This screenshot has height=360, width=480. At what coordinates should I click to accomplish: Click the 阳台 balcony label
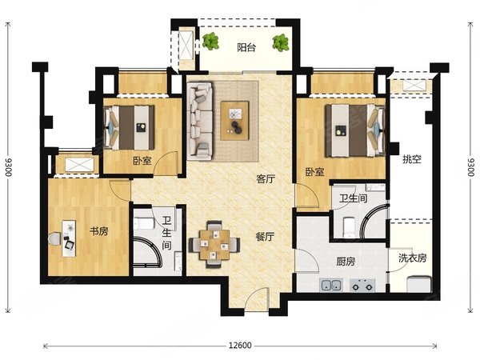point(246,48)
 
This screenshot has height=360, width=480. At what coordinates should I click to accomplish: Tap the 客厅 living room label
point(266,179)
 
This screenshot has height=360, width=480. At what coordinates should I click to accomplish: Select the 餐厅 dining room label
point(265,237)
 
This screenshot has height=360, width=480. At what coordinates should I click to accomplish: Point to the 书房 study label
point(99,231)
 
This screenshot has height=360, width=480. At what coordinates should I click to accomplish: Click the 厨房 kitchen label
point(346,262)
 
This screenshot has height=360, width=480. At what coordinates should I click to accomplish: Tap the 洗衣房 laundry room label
point(412,258)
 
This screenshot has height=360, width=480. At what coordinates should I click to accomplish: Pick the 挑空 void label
point(412,159)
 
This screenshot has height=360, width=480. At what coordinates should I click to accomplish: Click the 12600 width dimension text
point(240,346)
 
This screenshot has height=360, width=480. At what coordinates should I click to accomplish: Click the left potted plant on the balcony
point(210,42)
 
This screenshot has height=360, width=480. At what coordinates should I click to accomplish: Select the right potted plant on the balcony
point(281,42)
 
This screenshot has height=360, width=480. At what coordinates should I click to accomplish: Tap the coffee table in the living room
point(234,121)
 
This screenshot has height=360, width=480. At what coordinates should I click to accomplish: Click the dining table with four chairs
point(214,244)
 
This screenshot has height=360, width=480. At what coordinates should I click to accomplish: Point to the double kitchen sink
point(331,286)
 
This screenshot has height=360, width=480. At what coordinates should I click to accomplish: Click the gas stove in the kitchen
point(362,286)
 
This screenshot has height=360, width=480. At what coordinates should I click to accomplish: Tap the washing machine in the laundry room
point(418,284)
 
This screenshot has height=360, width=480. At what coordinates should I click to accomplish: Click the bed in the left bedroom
point(129,128)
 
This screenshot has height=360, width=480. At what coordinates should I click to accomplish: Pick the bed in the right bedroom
point(354,130)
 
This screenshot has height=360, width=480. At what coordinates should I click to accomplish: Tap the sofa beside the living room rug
point(200,121)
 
